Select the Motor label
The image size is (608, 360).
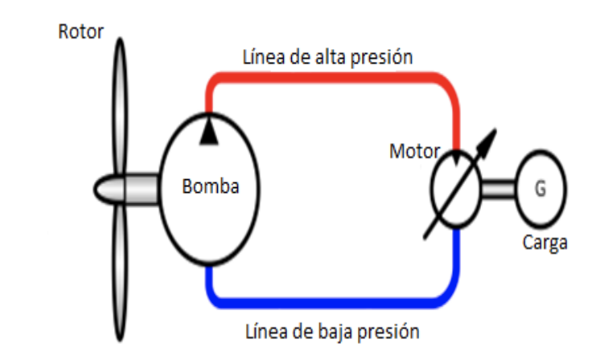coord(414,150)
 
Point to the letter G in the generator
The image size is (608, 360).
coord(538,190)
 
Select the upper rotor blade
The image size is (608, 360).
coord(119,104)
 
